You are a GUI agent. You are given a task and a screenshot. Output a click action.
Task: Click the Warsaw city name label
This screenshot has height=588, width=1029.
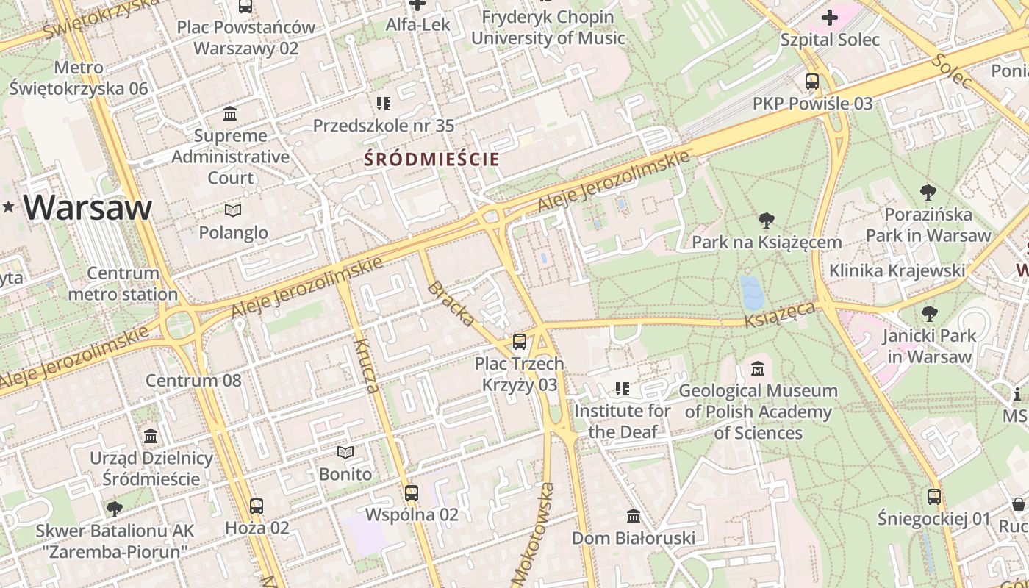point(87,207)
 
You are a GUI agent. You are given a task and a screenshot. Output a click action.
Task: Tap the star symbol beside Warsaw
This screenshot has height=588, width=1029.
point(8,207)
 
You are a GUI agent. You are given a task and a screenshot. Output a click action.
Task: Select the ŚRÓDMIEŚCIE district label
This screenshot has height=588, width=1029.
point(431,159)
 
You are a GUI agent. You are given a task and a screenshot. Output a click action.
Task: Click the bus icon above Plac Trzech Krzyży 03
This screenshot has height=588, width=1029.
point(520,342)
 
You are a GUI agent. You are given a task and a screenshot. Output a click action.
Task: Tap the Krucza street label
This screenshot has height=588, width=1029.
point(367,365)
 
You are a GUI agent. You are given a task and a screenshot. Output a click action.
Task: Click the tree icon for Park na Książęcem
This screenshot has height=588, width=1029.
point(767,220)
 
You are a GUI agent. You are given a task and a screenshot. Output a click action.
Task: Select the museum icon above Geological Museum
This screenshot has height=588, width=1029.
point(758,368)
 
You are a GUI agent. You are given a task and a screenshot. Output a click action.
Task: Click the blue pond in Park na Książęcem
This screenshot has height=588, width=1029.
point(752,293)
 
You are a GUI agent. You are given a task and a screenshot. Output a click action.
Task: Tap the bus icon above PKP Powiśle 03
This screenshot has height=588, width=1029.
point(812,82)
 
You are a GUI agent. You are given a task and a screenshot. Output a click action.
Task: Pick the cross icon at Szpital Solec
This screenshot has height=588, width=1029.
point(830,18)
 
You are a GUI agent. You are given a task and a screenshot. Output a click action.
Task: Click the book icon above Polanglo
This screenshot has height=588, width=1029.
point(233,211)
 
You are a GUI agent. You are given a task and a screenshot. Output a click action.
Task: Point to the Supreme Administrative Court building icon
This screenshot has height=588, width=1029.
point(230,114)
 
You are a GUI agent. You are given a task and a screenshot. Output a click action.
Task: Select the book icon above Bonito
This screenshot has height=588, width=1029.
point(345,452)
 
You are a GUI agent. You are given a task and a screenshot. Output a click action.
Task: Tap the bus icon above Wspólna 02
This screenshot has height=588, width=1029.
point(412,492)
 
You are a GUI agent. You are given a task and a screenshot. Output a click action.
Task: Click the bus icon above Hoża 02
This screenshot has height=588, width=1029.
point(257,506)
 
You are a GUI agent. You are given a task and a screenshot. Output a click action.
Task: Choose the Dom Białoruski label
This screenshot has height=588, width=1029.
point(634,538)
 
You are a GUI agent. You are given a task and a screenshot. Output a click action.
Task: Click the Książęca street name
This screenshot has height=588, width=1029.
point(779,315)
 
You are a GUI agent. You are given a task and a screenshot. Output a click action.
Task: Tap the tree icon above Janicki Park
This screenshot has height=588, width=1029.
point(930,314)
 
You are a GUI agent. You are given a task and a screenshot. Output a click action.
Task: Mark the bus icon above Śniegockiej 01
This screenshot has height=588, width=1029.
point(934,497)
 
